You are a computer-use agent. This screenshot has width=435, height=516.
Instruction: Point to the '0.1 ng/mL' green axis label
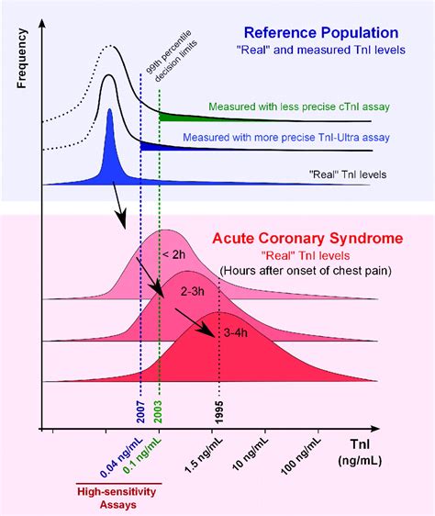[x=146, y=454]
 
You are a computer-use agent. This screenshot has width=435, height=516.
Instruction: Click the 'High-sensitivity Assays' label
[x=117, y=496]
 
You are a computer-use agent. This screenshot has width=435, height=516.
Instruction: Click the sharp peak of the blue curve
[x=109, y=112]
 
